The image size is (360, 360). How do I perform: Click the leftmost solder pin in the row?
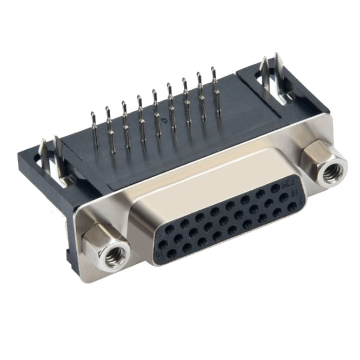(94, 130)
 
